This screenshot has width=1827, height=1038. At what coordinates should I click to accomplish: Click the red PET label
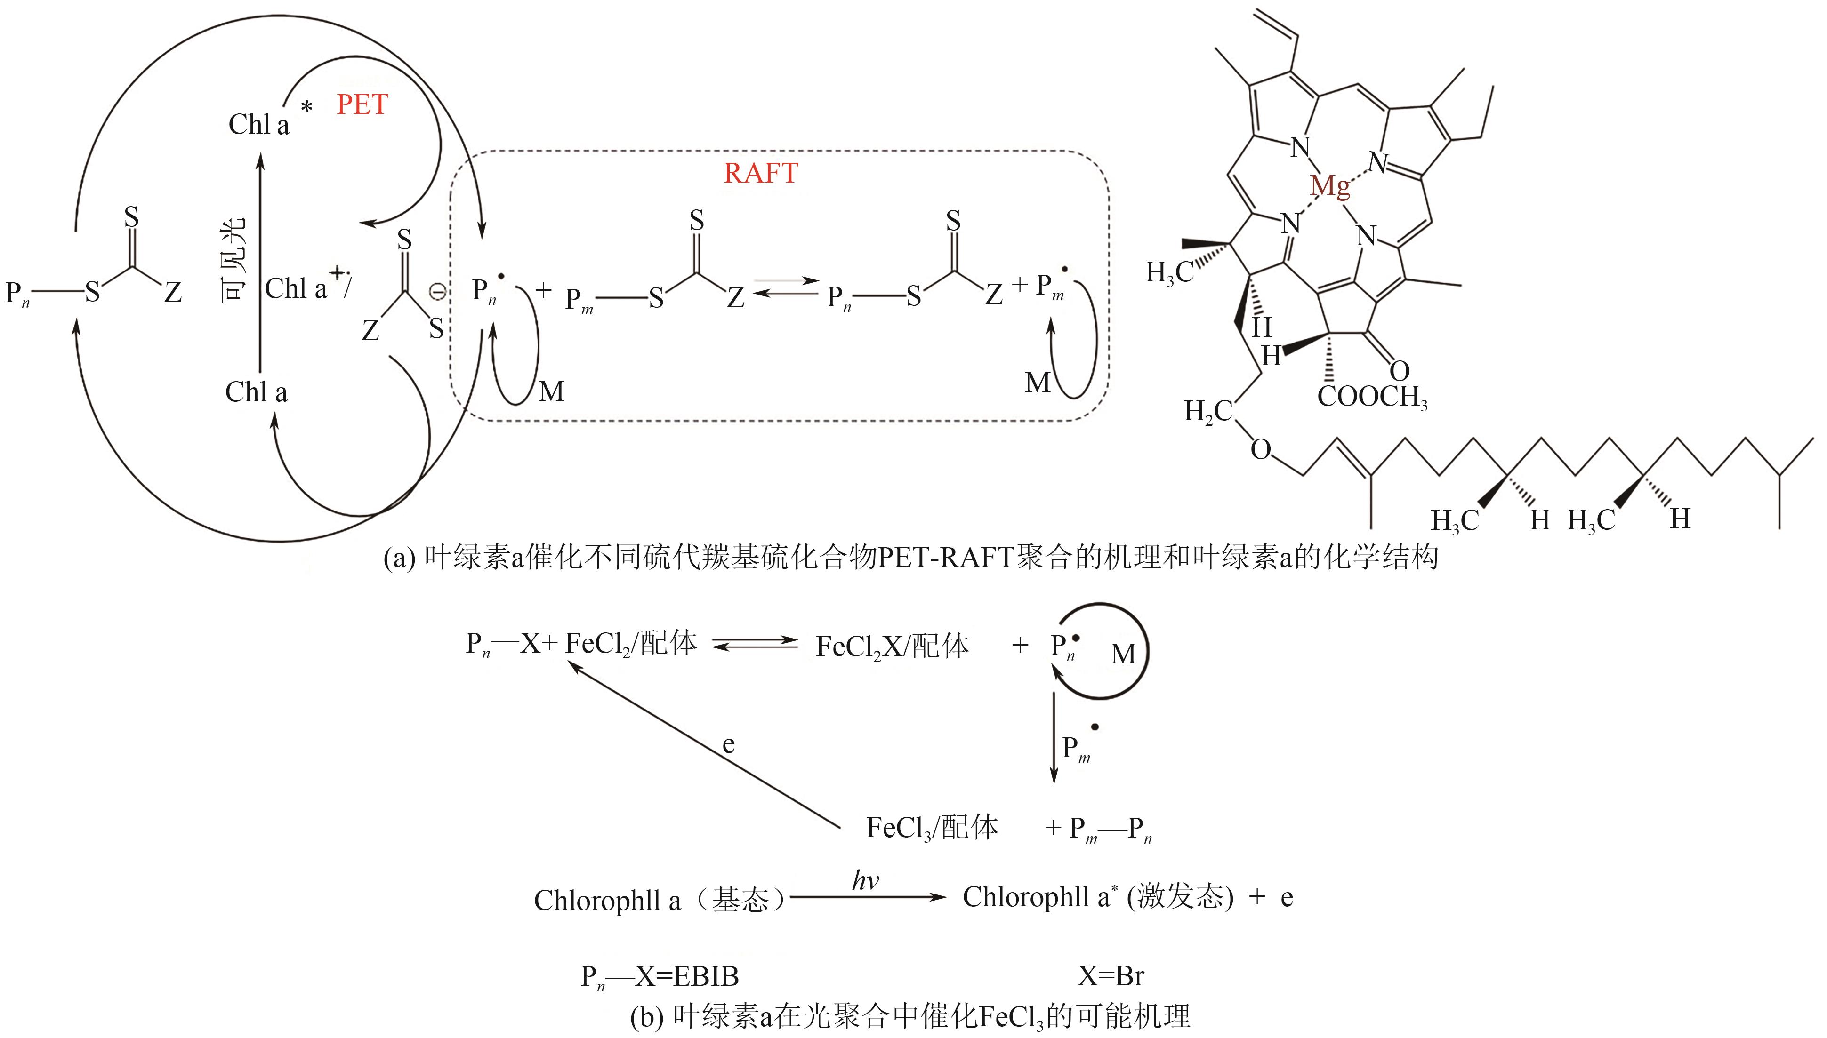coord(362,105)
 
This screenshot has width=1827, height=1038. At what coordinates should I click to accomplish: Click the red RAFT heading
coord(760,173)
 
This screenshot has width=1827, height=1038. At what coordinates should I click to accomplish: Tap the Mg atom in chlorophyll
coord(1330,187)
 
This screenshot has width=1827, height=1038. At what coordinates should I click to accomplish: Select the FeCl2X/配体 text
coord(892,647)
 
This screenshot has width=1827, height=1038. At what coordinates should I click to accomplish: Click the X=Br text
coord(1111,976)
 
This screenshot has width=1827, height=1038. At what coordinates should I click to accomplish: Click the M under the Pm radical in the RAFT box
coord(1038,383)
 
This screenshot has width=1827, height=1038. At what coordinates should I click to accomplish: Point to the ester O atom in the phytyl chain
coord(1260,450)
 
